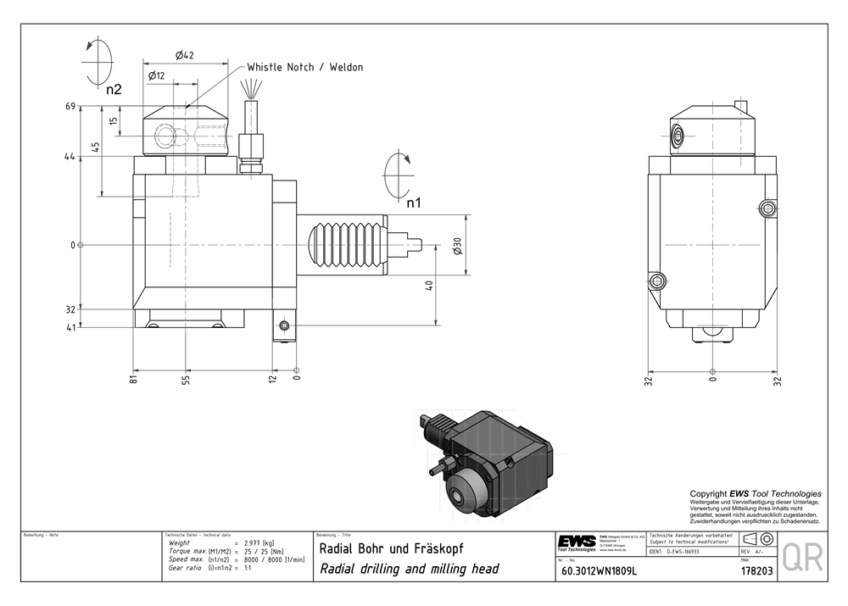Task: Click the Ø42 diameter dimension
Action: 185,55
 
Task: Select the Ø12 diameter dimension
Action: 156,75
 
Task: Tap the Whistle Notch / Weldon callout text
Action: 304,67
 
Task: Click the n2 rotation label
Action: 114,88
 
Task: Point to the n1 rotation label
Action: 413,203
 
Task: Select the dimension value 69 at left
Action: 71,107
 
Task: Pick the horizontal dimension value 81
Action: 134,378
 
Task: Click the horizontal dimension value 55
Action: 185,379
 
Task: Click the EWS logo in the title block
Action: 576,542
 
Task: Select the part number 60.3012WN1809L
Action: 599,571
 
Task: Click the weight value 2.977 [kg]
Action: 259,542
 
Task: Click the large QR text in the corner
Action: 801,558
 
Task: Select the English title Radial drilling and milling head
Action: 409,569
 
